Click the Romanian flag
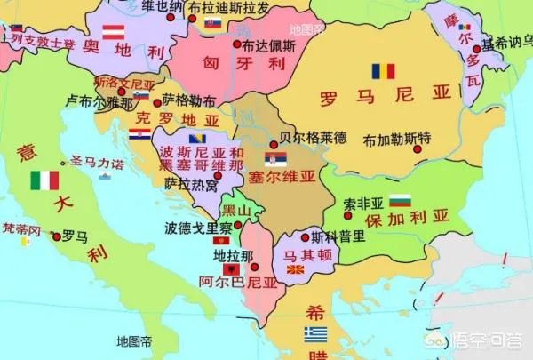tap(383, 70)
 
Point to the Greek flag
tap(315, 334)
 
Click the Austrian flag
tap(113, 32)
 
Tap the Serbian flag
tap(275, 159)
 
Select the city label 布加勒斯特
tap(397, 140)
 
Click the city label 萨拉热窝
tap(191, 185)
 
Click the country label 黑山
tap(236, 210)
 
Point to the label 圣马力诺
tap(96, 163)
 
